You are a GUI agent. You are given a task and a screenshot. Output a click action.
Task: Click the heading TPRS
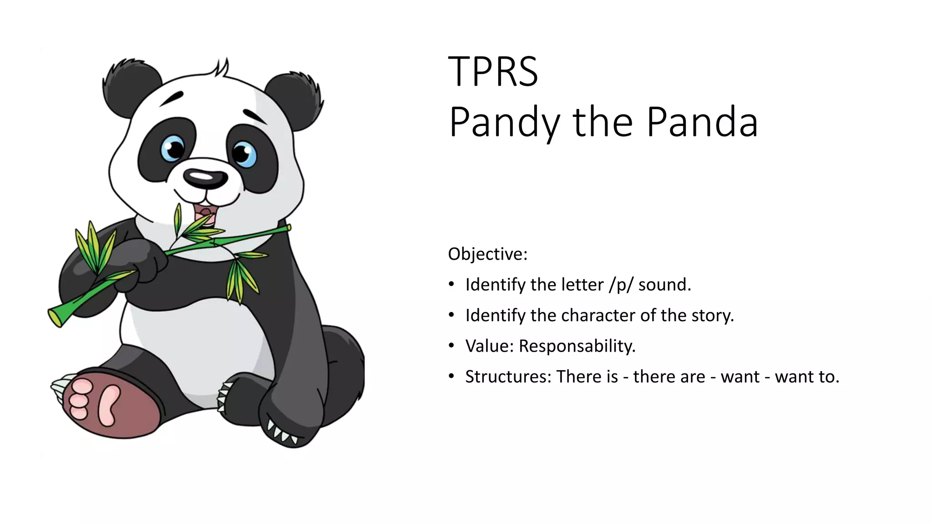click(493, 71)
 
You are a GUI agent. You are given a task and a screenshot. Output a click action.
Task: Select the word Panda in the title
click(702, 122)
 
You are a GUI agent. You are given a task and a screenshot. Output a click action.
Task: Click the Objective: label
click(487, 254)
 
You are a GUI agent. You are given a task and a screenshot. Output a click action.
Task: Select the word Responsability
click(577, 346)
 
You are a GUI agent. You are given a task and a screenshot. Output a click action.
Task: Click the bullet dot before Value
click(451, 346)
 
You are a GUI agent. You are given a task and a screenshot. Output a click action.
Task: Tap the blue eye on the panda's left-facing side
click(172, 148)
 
